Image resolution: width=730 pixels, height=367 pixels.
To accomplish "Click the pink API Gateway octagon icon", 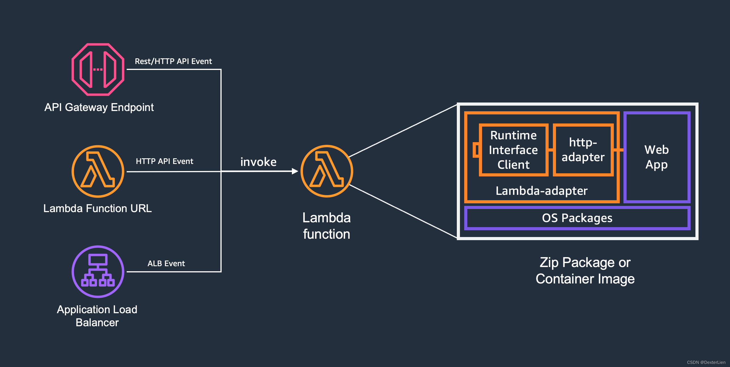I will click(98, 69).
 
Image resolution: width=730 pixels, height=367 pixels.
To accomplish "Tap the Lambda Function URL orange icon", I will click(98, 171).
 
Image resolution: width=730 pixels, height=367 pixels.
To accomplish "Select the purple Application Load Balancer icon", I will click(98, 272).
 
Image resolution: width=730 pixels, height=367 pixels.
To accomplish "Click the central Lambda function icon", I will click(326, 171).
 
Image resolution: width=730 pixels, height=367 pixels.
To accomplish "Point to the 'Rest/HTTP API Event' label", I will click(173, 61).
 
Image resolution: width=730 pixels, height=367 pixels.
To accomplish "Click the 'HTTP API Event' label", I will click(164, 161).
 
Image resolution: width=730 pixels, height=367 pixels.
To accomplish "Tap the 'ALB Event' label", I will click(166, 263).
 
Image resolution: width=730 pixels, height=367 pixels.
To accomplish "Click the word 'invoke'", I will click(258, 162).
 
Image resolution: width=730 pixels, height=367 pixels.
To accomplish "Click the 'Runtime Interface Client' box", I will click(513, 150).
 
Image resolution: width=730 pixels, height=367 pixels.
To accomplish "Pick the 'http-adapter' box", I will click(583, 150).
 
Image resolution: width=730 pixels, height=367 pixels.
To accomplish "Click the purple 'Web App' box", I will click(657, 157).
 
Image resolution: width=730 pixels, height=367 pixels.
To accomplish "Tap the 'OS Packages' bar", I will click(577, 218).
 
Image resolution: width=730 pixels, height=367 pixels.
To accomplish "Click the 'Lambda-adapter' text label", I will click(542, 191).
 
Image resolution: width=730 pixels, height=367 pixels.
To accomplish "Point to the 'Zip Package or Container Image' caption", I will click(585, 270).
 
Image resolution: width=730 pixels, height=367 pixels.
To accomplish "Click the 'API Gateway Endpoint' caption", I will click(99, 107).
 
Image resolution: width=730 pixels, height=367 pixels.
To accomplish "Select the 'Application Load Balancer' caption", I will click(97, 316).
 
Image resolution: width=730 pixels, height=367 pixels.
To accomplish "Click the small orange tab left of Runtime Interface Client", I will click(476, 150).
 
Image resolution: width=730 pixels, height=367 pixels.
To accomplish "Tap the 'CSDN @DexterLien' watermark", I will click(706, 362).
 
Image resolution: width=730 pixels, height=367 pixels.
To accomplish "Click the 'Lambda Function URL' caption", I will click(97, 208).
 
